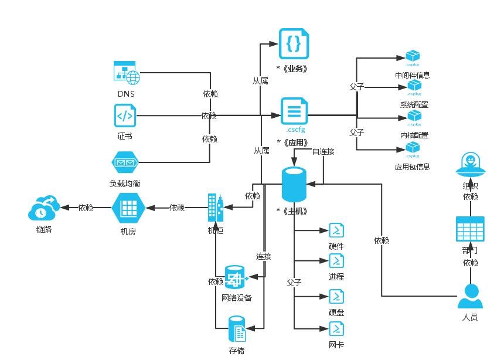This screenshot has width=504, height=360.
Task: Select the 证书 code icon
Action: (x=125, y=116)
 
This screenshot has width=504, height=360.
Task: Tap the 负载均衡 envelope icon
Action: (x=124, y=162)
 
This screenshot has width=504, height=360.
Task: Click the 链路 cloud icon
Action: (x=44, y=208)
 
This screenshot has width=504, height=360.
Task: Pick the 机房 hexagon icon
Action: (x=128, y=208)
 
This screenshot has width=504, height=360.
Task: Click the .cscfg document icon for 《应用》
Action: (x=294, y=111)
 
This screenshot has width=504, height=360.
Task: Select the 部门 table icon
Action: (x=470, y=229)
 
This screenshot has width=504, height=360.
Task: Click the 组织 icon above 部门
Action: (x=471, y=165)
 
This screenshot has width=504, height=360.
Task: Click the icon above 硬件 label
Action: (x=336, y=229)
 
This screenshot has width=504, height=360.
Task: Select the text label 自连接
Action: (x=323, y=151)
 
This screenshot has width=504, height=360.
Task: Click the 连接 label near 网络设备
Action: (x=263, y=256)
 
